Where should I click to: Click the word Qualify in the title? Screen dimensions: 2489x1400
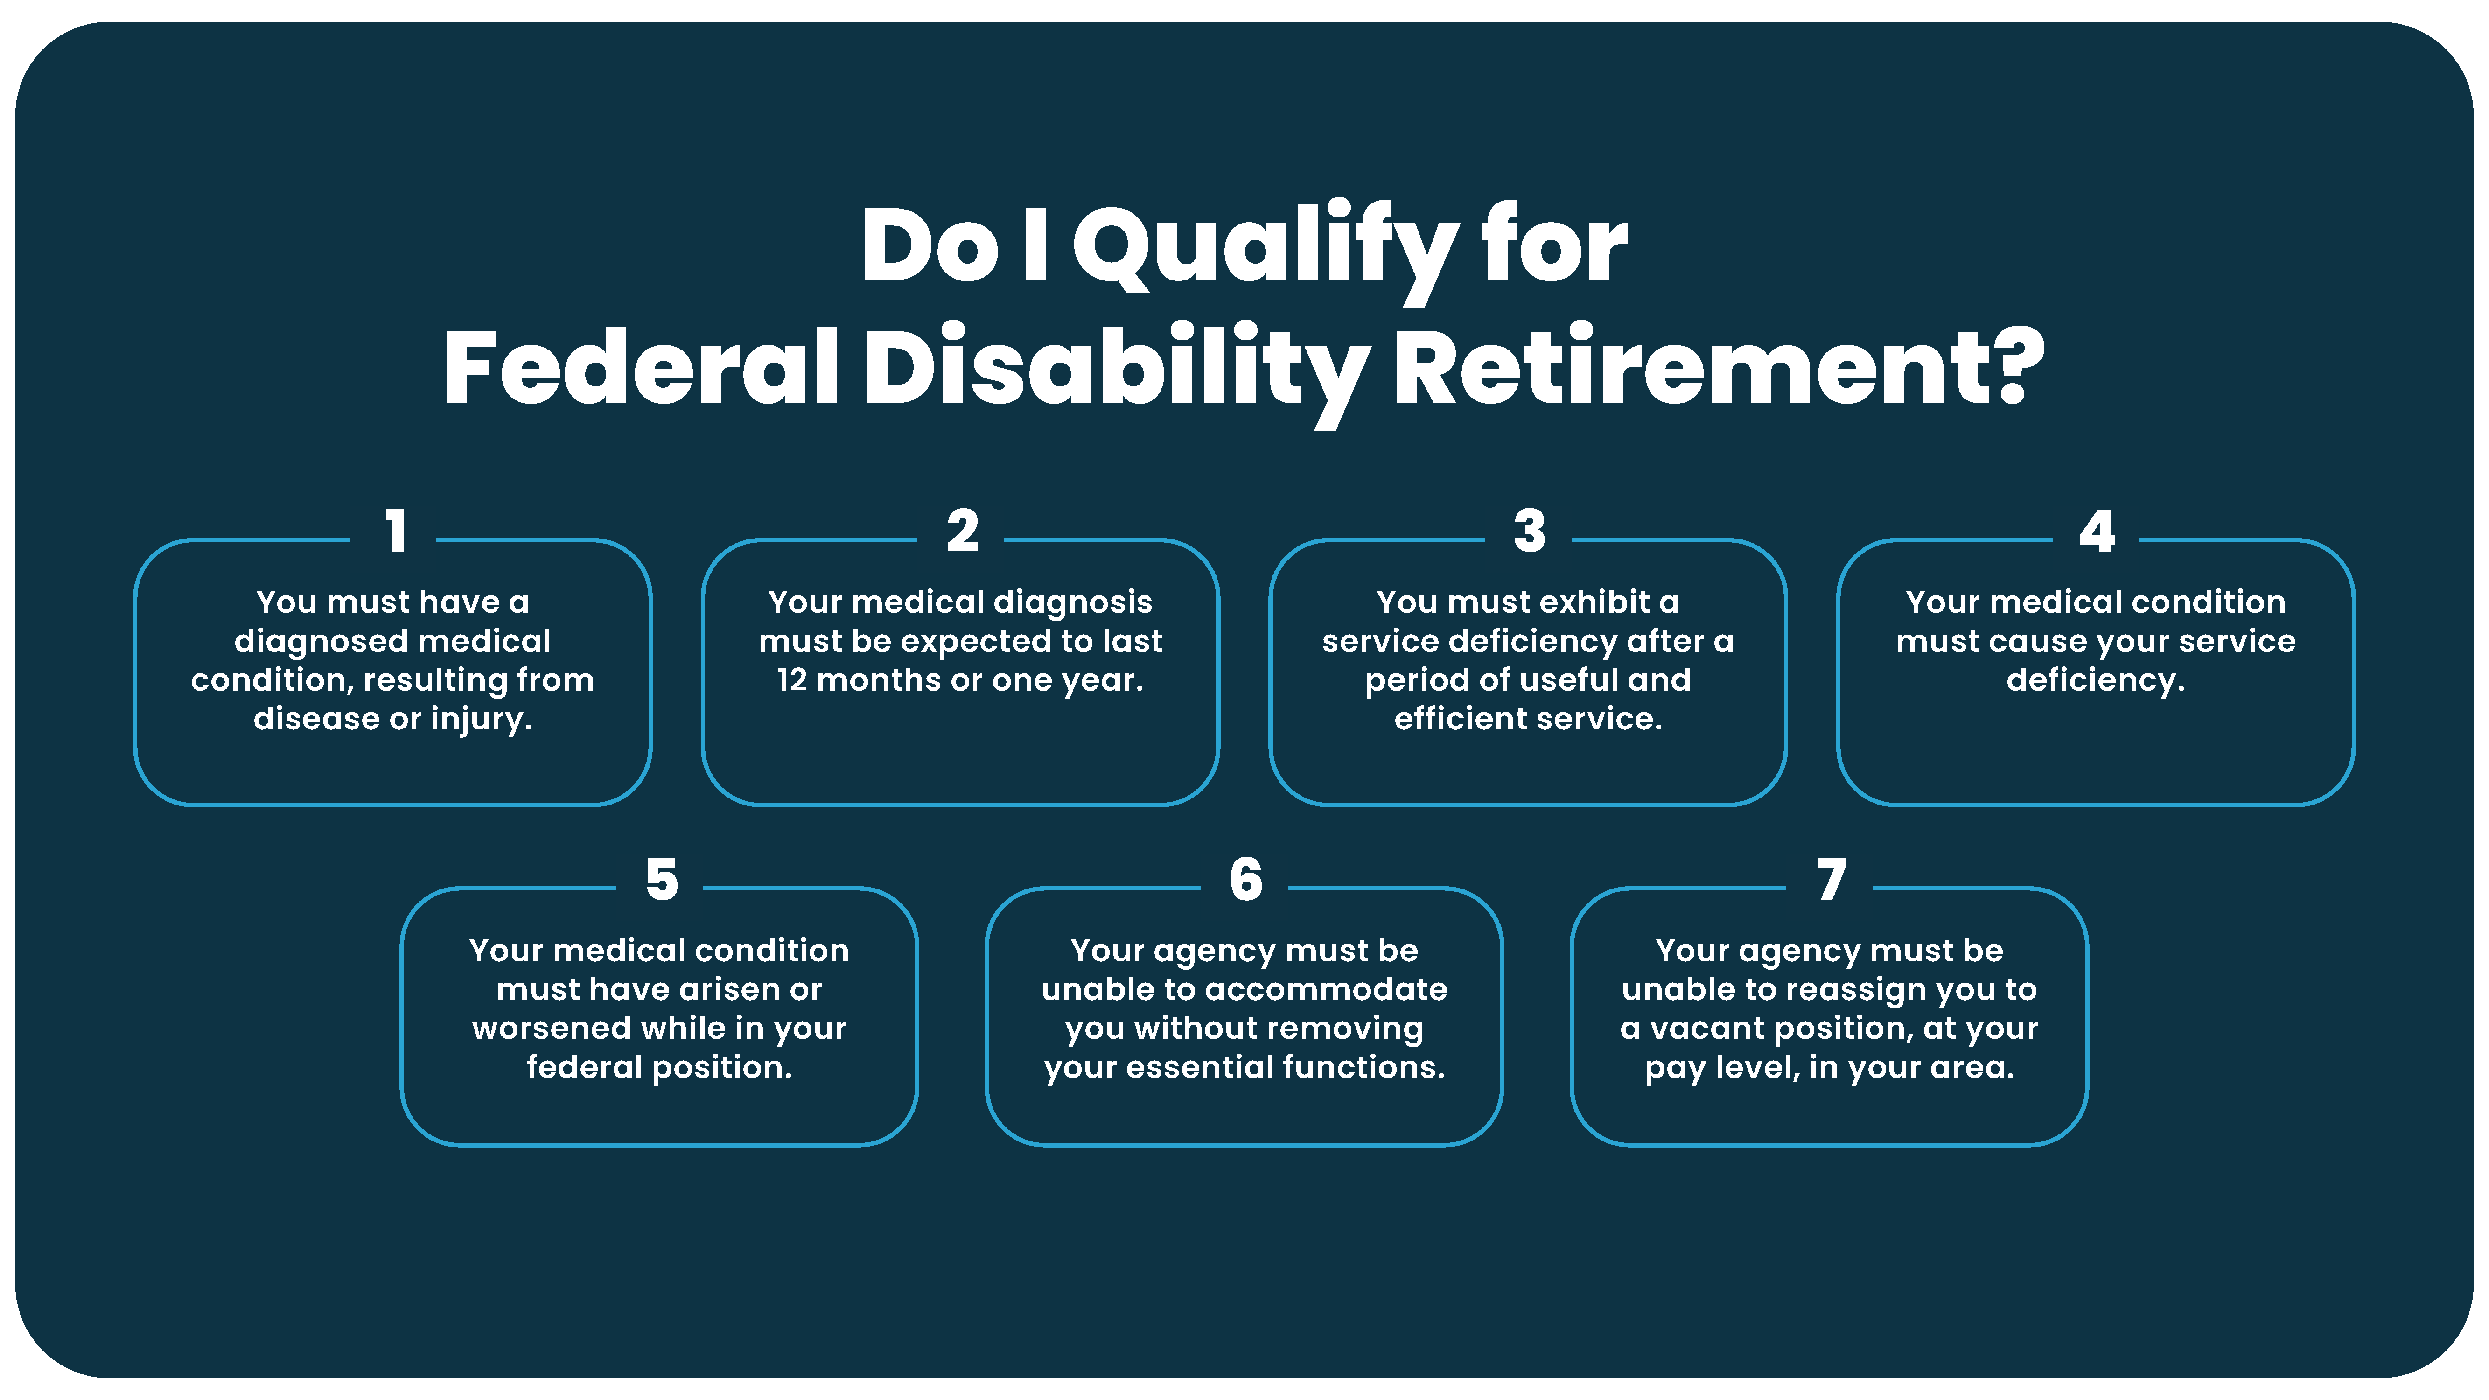point(1266,249)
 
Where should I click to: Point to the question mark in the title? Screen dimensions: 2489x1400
point(2018,367)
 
